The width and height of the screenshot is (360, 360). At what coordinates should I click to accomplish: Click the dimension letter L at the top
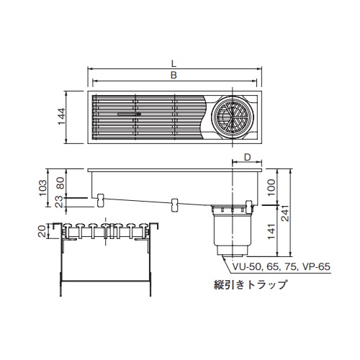pyautogui.click(x=174, y=63)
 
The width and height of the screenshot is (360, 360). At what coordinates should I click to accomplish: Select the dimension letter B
pyautogui.click(x=174, y=75)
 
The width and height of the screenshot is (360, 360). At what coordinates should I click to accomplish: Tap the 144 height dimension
pyautogui.click(x=61, y=117)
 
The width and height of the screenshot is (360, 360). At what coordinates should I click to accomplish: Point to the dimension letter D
pyautogui.click(x=247, y=157)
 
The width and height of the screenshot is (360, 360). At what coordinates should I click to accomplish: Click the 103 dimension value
pyautogui.click(x=43, y=187)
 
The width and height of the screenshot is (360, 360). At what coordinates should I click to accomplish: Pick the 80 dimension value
pyautogui.click(x=61, y=183)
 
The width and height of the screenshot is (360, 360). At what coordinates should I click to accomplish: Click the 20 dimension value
pyautogui.click(x=43, y=231)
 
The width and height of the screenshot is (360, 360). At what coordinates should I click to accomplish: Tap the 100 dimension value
pyautogui.click(x=271, y=187)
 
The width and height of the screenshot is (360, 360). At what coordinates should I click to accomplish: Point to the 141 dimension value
pyautogui.click(x=271, y=232)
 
